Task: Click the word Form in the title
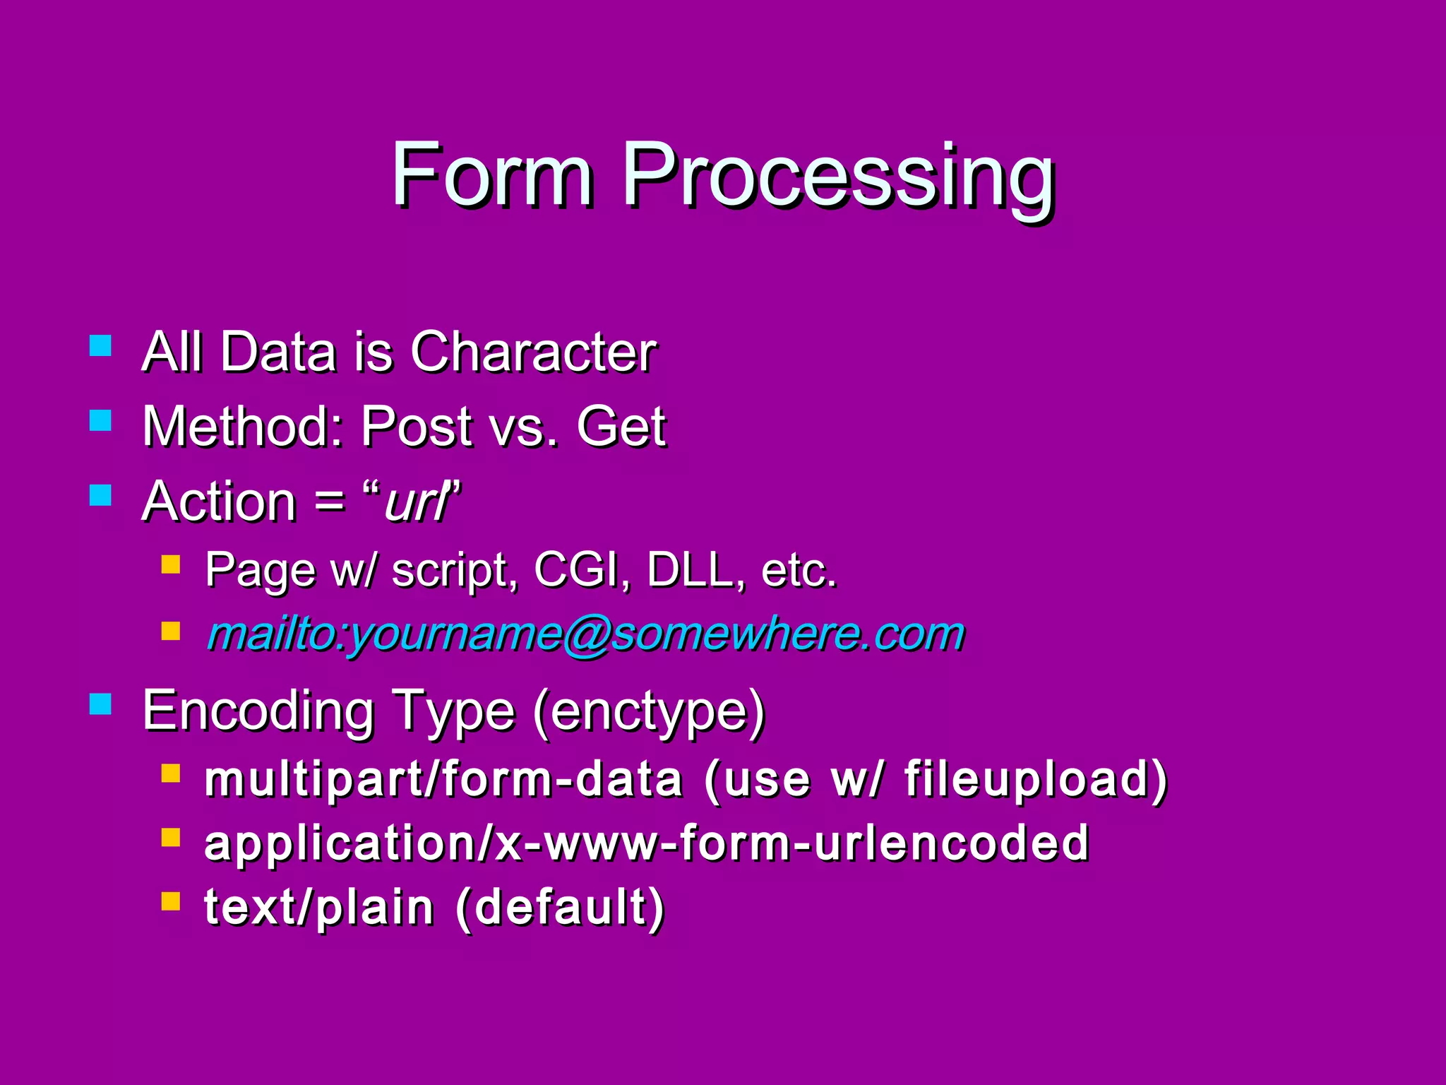[x=492, y=174]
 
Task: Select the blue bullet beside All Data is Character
[x=101, y=345]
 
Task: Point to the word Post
[x=417, y=427]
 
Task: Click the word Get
[x=621, y=427]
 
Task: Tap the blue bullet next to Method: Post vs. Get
[x=101, y=421]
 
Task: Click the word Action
[x=219, y=502]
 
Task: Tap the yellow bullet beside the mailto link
[x=171, y=630]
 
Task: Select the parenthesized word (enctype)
[x=649, y=712]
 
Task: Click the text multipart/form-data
[x=443, y=780]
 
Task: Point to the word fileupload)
[x=1036, y=780]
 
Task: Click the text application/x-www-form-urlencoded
[x=646, y=843]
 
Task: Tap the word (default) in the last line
[x=560, y=908]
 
